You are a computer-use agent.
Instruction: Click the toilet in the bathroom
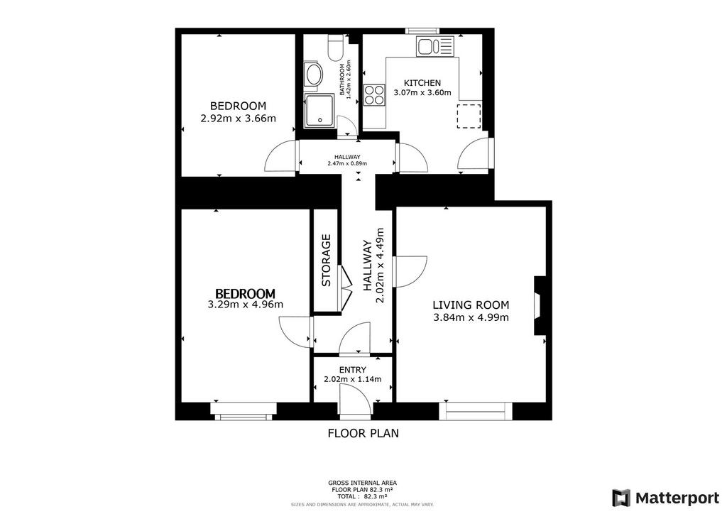(x=335, y=48)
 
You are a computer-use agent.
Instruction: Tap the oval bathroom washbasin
(x=314, y=75)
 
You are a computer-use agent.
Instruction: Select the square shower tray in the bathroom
(x=319, y=111)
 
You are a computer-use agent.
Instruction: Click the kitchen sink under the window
(x=434, y=46)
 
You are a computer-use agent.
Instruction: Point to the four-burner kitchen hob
(x=375, y=94)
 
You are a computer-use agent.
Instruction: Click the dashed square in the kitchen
(x=469, y=116)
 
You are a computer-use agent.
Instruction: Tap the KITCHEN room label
(x=422, y=83)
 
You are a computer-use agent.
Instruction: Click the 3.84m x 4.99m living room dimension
(x=471, y=317)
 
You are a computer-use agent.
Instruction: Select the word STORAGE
(x=326, y=261)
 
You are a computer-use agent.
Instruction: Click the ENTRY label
(x=352, y=370)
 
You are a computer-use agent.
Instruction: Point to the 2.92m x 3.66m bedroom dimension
(x=238, y=118)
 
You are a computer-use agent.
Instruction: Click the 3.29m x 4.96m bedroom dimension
(x=245, y=305)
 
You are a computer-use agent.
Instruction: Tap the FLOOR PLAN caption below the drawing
(x=363, y=433)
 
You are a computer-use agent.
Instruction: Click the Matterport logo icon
(x=621, y=498)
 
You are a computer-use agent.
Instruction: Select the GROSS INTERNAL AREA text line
(x=363, y=483)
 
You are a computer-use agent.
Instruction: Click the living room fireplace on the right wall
(x=539, y=305)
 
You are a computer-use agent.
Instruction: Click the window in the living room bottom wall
(x=475, y=411)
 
